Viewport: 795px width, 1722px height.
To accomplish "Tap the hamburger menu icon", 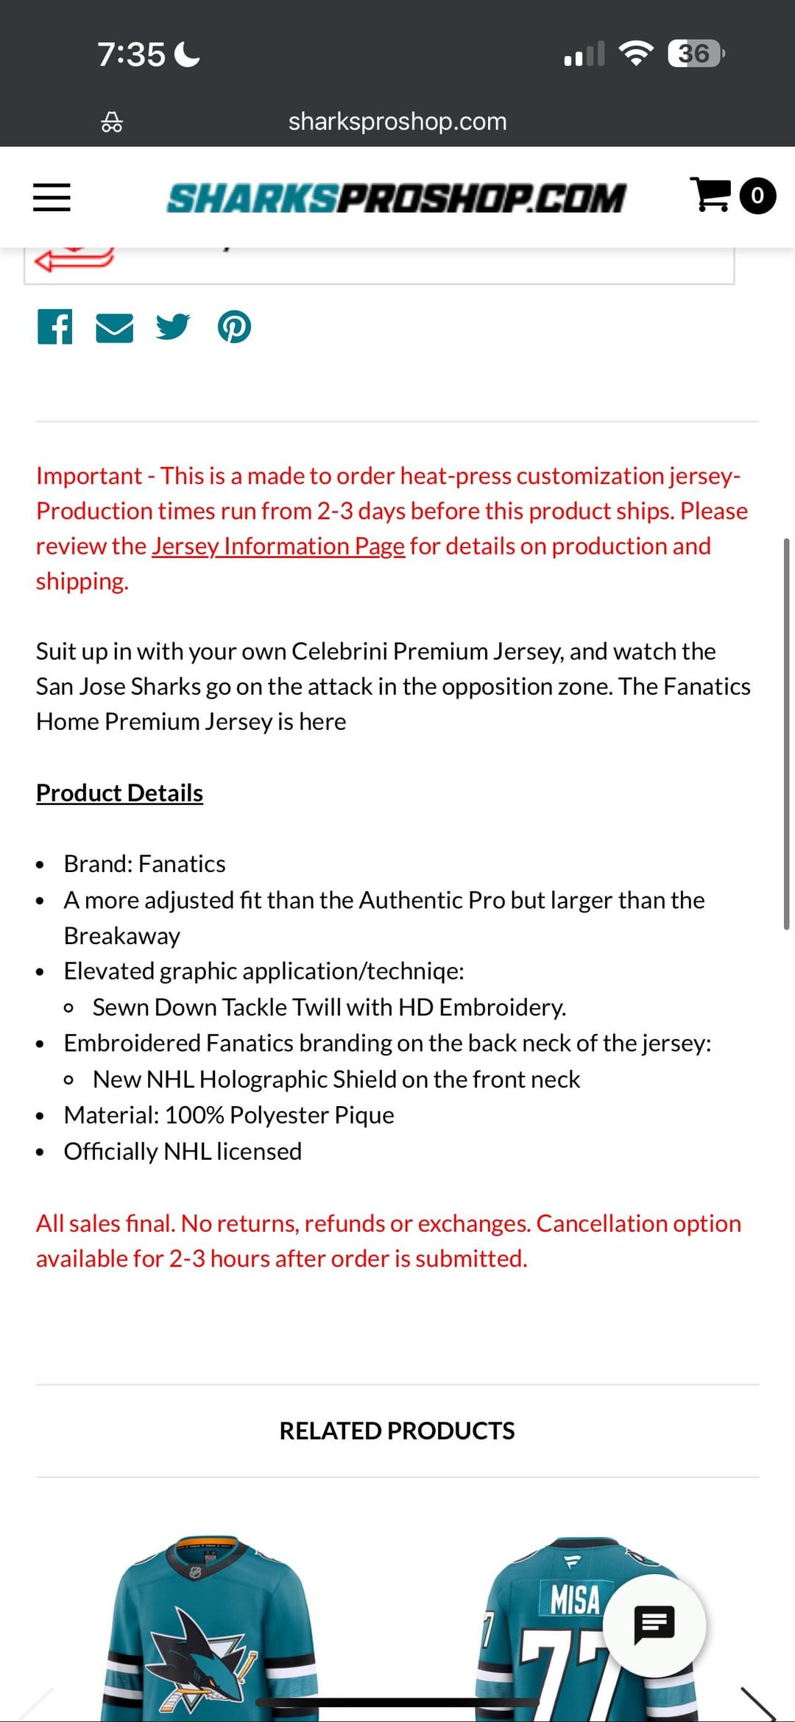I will click(52, 197).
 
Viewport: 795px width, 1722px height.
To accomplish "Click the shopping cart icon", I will click(710, 195).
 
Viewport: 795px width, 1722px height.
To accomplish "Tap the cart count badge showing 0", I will click(757, 196).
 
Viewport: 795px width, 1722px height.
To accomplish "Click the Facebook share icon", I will click(55, 327).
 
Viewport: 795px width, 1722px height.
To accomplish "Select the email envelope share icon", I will click(115, 327).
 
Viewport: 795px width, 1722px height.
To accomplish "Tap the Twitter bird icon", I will click(173, 327).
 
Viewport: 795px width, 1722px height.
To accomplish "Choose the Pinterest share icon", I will click(234, 327).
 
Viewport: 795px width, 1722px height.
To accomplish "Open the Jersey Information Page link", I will click(278, 546).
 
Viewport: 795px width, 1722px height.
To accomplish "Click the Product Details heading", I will click(119, 793).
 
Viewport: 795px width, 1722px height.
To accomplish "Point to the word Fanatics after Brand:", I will click(182, 863).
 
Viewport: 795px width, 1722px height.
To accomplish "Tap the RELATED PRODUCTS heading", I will click(397, 1431).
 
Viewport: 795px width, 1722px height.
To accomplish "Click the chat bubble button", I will click(654, 1625).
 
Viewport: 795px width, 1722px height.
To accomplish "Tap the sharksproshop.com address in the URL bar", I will click(397, 121).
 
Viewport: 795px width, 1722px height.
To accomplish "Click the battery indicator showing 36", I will click(695, 54).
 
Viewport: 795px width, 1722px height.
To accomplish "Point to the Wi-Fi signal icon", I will click(636, 53).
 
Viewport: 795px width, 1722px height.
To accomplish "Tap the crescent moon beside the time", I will click(188, 54).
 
